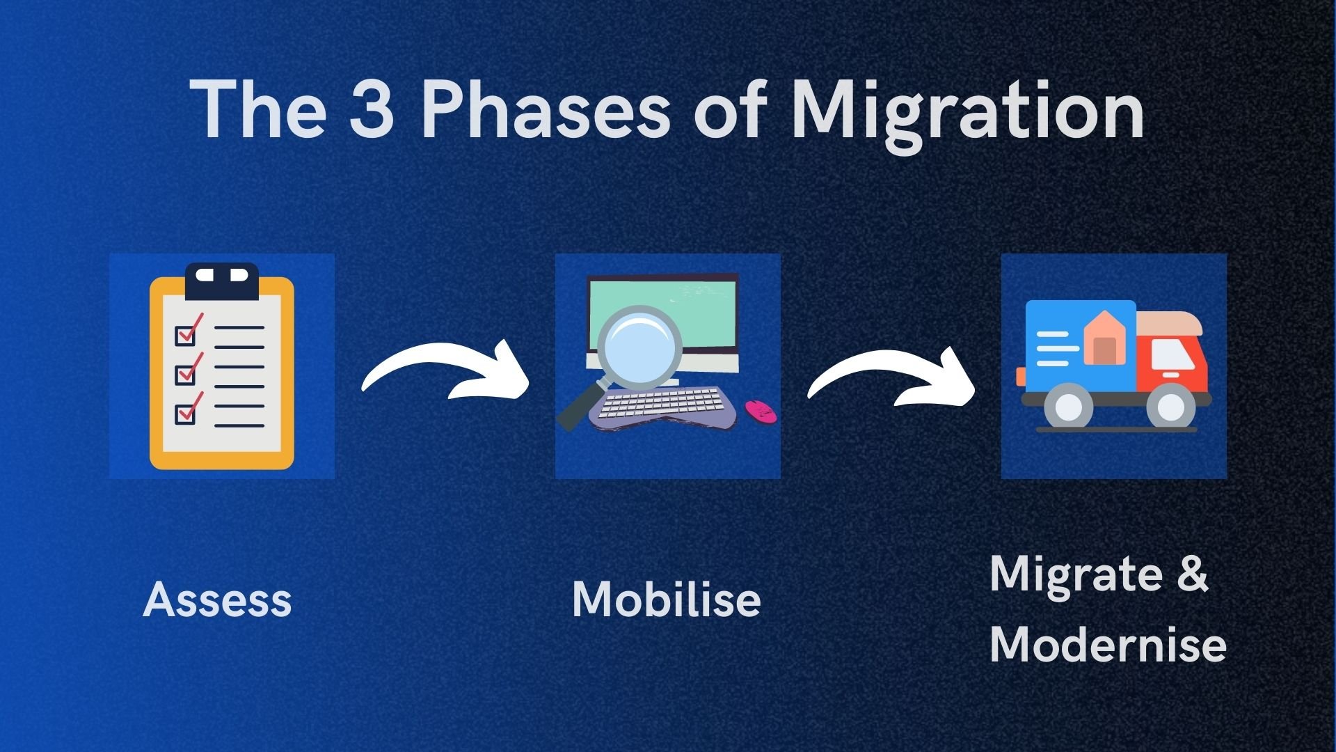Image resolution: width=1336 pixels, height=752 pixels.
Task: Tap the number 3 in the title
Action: [x=371, y=109]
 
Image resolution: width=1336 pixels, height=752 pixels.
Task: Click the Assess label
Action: [x=217, y=600]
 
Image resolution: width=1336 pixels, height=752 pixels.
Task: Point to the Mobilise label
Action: [x=666, y=600]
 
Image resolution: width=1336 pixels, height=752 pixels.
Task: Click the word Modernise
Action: [x=1107, y=644]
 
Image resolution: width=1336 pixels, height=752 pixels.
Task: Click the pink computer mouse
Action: [x=761, y=410]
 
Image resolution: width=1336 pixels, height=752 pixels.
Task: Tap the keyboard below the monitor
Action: [x=661, y=407]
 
